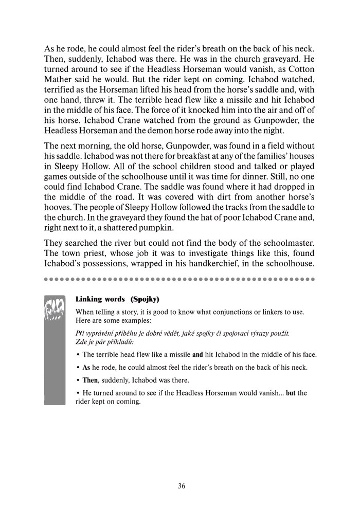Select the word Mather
[59, 81]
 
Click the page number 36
[180, 486]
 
